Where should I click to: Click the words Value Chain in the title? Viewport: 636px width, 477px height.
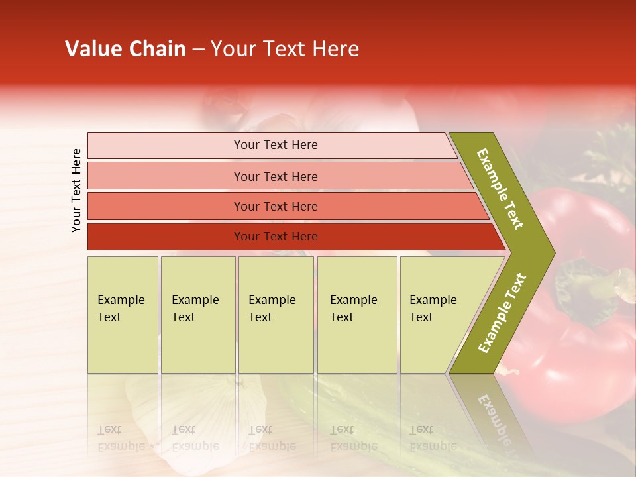coord(125,49)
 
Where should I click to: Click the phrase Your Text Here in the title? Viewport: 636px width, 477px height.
coord(285,49)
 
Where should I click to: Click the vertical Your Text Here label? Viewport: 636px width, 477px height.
coord(76,190)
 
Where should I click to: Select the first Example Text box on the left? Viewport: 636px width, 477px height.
coord(123,315)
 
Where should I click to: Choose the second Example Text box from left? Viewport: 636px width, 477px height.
coord(197,315)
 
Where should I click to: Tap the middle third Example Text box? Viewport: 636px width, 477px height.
coord(276,315)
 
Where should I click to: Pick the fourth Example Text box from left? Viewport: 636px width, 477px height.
coord(357,315)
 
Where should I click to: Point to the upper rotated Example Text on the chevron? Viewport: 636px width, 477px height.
coord(500,189)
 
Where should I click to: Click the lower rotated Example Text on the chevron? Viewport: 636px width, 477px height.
coord(502,313)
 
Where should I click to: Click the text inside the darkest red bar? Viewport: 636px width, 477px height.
coord(276,237)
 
